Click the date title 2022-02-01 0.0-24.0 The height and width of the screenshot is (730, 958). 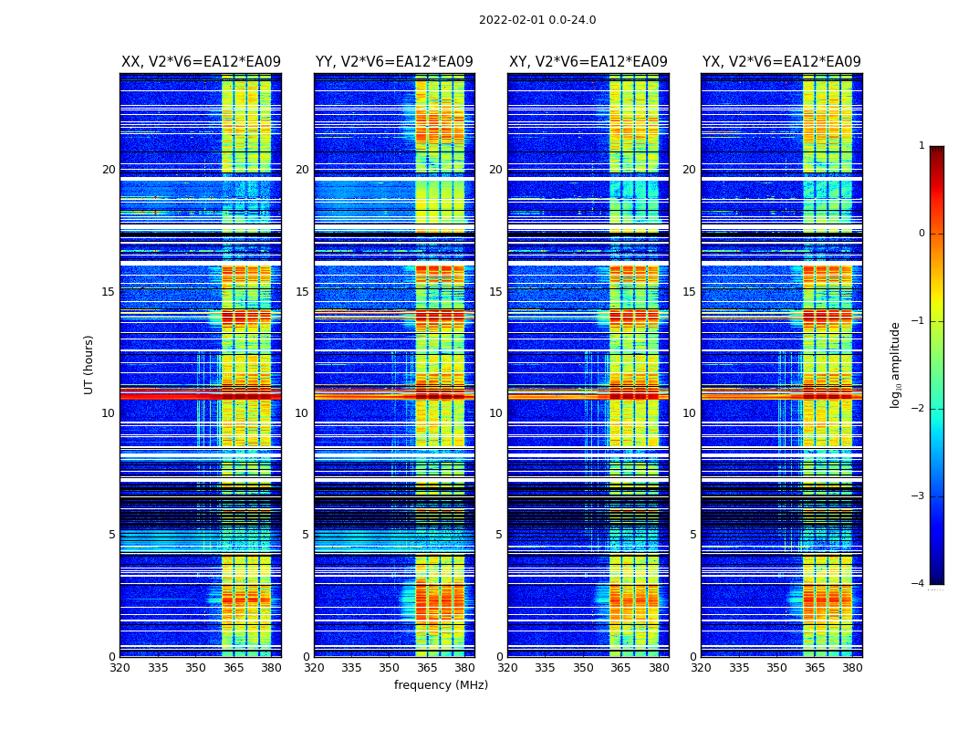pyautogui.click(x=537, y=20)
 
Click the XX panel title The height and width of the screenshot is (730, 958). pyautogui.click(x=201, y=62)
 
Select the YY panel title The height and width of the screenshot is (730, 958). pyautogui.click(x=394, y=62)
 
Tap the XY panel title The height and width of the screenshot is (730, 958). pyautogui.click(x=588, y=62)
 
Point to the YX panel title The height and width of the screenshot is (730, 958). pyautogui.click(x=781, y=62)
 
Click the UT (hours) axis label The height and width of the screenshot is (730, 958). pyautogui.click(x=89, y=364)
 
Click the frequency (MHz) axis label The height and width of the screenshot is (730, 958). pyautogui.click(x=441, y=685)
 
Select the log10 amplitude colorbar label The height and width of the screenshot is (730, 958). pyautogui.click(x=895, y=364)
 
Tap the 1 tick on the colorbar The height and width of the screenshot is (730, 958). pyautogui.click(x=921, y=146)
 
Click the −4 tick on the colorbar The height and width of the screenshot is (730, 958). pyautogui.click(x=919, y=584)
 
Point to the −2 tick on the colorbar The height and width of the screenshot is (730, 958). pyautogui.click(x=919, y=409)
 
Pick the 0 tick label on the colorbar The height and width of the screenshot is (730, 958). pyautogui.click(x=921, y=234)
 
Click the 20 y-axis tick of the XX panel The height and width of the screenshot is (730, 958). pyautogui.click(x=109, y=170)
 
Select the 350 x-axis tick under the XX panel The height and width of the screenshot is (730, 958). pyautogui.click(x=195, y=668)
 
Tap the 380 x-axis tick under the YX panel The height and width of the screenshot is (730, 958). pyautogui.click(x=852, y=668)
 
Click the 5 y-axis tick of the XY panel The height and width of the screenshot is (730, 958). pyautogui.click(x=499, y=535)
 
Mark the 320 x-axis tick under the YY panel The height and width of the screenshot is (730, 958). pyautogui.click(x=314, y=668)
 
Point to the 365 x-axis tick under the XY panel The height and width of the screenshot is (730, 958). pyautogui.click(x=620, y=668)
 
